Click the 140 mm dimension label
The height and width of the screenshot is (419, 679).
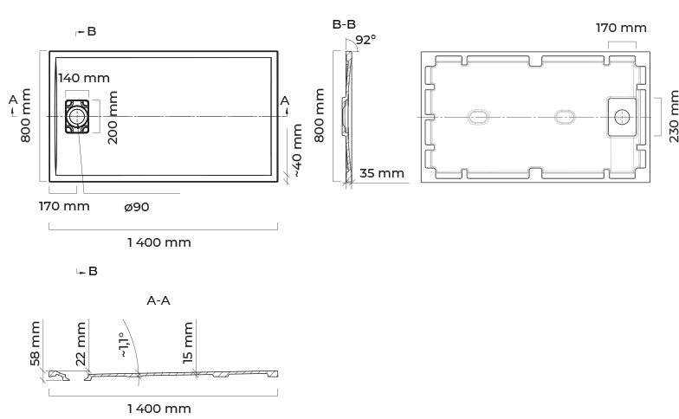[x=83, y=77]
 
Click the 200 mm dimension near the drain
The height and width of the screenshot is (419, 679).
[x=113, y=117]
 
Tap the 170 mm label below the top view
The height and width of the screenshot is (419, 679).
[x=64, y=206]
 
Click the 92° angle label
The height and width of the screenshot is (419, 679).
[x=365, y=40]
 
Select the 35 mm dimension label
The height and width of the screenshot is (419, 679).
[x=382, y=173]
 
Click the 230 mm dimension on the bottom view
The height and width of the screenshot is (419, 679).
[x=672, y=117]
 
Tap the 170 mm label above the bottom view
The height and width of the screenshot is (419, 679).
[x=621, y=28]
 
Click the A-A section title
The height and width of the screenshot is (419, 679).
[x=158, y=300]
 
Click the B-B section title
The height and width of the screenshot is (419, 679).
[x=344, y=24]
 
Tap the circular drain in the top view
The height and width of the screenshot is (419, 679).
[x=77, y=117]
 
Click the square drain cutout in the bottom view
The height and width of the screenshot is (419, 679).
[x=621, y=116]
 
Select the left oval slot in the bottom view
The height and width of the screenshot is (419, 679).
[x=479, y=116]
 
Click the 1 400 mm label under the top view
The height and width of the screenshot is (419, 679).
[x=159, y=242]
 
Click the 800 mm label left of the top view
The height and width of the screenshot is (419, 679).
[x=26, y=115]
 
